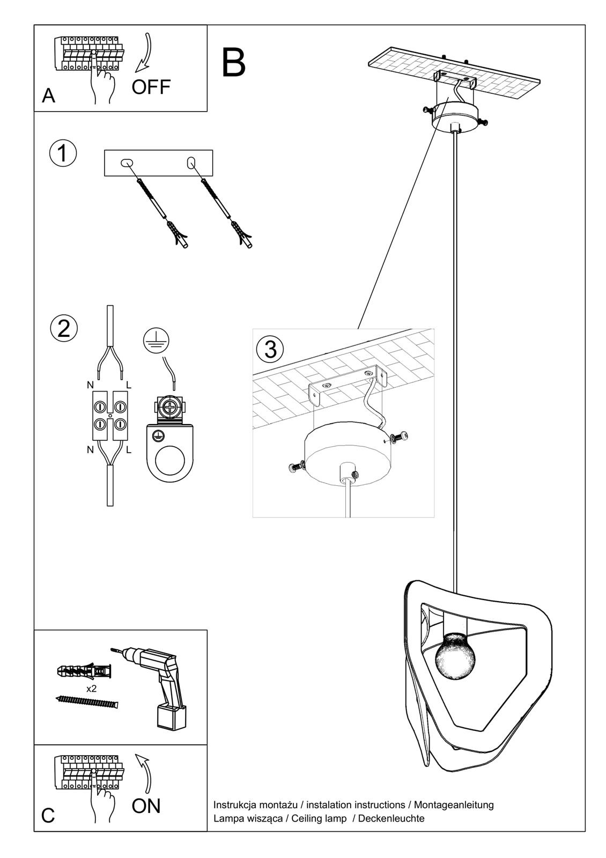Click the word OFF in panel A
(151, 86)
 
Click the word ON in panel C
(146, 805)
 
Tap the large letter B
(234, 63)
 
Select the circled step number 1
(63, 153)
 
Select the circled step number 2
(64, 328)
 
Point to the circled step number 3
(270, 349)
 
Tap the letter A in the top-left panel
(48, 95)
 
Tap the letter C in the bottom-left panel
(48, 816)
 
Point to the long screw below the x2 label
(87, 701)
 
